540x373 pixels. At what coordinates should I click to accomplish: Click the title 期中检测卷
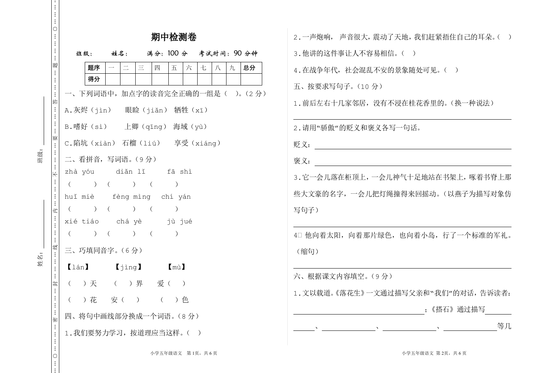pos(174,37)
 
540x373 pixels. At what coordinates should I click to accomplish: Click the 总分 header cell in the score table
pos(249,68)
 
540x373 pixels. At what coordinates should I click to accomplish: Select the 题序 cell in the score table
pos(94,68)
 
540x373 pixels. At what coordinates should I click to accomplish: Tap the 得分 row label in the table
pos(94,79)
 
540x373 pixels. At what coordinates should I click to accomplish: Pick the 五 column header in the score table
pos(174,68)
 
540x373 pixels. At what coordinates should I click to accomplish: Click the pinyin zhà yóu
pos(79,172)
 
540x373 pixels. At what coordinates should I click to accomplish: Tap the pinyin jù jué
pos(179,221)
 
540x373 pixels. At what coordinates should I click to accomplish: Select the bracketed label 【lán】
pos(78,267)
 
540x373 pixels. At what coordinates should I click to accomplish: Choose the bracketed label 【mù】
pos(177,267)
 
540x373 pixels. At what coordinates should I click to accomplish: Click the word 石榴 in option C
pos(129,143)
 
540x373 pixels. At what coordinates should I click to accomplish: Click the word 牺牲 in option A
pos(181,110)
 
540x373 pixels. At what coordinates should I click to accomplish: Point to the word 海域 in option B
pos(181,127)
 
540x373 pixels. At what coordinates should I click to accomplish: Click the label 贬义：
pos(303,145)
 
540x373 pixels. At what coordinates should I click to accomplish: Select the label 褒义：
pos(303,161)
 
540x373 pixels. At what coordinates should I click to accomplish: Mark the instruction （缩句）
pos(307,251)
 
